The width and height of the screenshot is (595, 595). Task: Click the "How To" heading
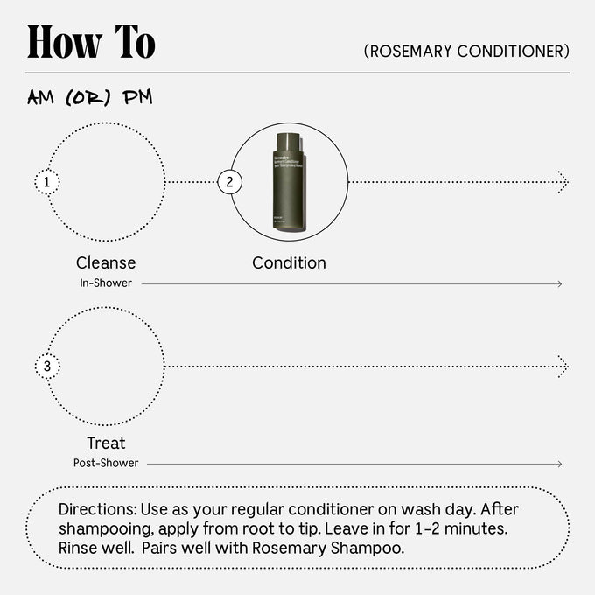91,41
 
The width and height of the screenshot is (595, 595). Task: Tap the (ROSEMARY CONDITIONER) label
466,52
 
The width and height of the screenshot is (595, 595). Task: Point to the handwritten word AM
41,98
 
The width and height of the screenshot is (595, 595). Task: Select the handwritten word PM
137,97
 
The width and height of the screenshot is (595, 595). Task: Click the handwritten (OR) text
89,98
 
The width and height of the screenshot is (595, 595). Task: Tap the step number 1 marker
46,182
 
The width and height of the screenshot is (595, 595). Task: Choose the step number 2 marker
229,182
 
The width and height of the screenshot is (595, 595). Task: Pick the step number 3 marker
46,366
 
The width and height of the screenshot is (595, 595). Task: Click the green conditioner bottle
289,182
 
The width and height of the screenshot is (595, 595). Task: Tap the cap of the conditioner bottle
288,138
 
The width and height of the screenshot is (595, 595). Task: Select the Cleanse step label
106,262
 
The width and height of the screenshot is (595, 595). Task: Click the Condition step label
289,262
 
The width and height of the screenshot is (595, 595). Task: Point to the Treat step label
106,443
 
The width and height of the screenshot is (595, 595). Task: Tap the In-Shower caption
106,283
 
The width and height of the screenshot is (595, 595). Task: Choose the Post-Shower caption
106,463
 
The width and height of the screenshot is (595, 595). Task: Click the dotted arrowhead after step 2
563,182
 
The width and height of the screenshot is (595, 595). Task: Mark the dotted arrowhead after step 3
563,366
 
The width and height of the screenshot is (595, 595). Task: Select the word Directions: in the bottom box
97,509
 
